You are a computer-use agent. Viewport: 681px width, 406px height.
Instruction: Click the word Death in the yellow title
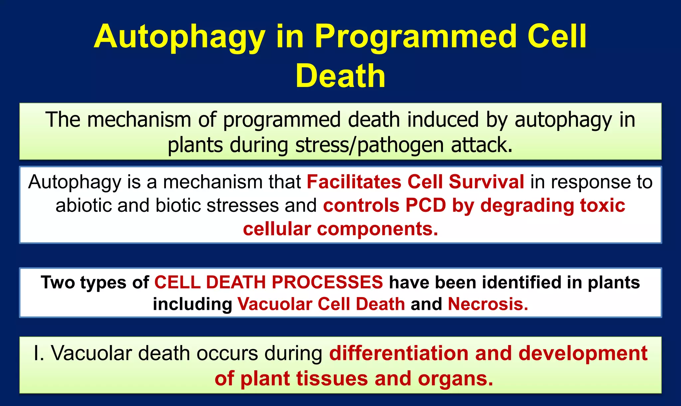pyautogui.click(x=340, y=76)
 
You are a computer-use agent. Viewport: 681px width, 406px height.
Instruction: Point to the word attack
pyautogui.click(x=481, y=146)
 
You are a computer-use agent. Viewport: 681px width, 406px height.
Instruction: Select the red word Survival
pyautogui.click(x=486, y=182)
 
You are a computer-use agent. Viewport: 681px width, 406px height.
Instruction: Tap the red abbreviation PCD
pyautogui.click(x=425, y=205)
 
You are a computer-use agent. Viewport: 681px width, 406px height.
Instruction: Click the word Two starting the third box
pyautogui.click(x=57, y=282)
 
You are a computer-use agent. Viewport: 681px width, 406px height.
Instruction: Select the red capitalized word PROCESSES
pyautogui.click(x=327, y=282)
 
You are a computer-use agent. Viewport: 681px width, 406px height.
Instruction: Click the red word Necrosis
pyautogui.click(x=487, y=304)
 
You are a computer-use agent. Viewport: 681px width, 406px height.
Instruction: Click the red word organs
pyautogui.click(x=455, y=379)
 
